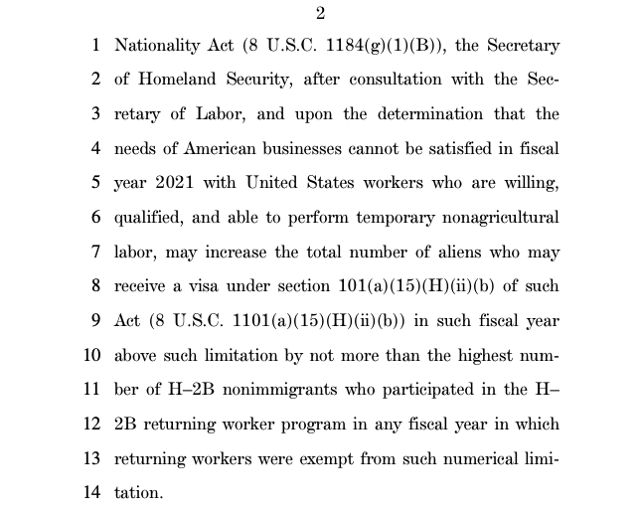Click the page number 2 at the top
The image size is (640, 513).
[x=320, y=13]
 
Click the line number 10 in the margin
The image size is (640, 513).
[x=92, y=355]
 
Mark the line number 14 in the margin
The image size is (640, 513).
[x=92, y=493]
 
